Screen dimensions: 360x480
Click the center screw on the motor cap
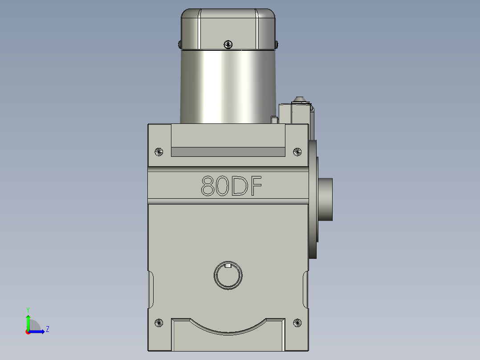click(228, 44)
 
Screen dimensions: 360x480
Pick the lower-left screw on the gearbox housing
click(158, 323)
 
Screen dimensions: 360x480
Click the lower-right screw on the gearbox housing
click(297, 323)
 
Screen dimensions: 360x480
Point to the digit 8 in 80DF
click(207, 186)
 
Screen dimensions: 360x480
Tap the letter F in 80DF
click(254, 186)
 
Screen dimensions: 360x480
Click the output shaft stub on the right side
click(326, 199)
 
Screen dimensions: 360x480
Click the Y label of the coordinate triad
click(28, 309)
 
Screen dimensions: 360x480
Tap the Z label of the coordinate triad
click(47, 329)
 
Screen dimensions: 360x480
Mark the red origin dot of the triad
click(28, 332)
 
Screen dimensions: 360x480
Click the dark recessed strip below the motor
click(228, 152)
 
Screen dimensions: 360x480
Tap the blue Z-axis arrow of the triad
click(39, 331)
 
